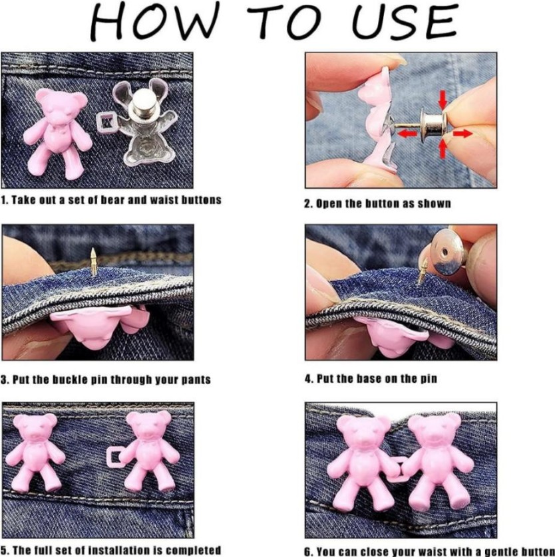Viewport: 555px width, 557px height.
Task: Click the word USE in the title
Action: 404,22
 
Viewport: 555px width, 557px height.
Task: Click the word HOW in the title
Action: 154,21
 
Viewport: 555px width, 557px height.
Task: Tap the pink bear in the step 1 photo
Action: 57,132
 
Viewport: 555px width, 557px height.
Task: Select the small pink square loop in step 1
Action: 105,121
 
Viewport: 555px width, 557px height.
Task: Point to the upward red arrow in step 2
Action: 443,149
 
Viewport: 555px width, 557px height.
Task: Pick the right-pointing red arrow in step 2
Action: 463,133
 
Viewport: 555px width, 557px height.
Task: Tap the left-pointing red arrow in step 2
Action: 407,134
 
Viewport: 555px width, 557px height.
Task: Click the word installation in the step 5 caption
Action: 118,550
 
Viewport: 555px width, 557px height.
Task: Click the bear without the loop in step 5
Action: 35,451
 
